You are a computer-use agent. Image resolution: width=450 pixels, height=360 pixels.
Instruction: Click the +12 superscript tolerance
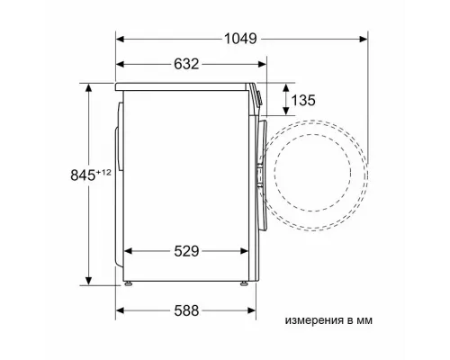coord(80,171)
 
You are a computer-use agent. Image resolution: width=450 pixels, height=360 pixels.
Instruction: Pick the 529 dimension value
coord(186,251)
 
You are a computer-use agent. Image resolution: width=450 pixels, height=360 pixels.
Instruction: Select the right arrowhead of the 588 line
coord(255,312)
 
